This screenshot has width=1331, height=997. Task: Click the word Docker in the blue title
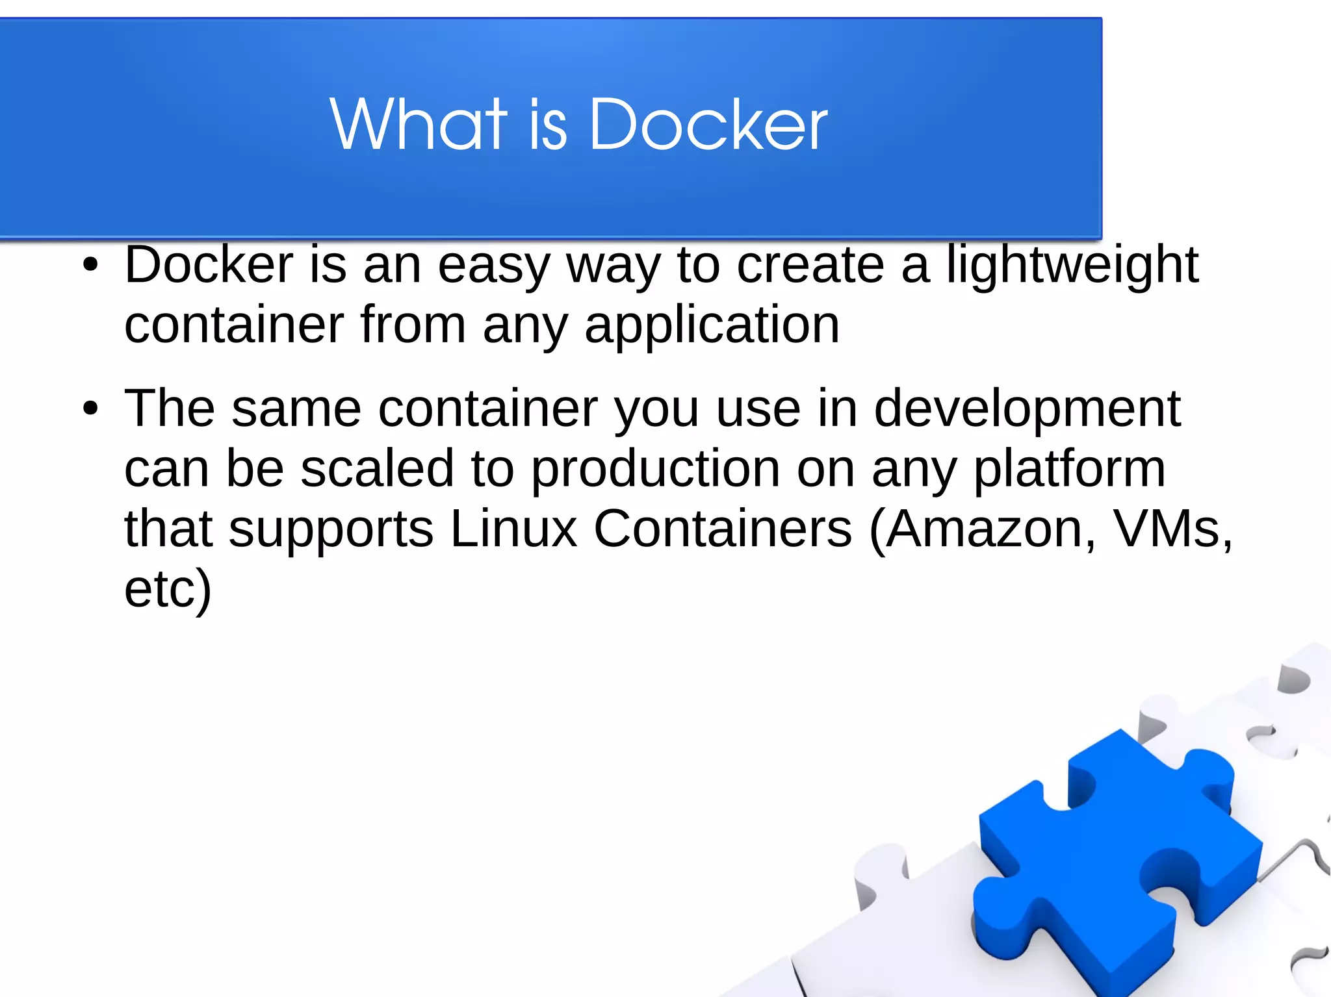click(708, 125)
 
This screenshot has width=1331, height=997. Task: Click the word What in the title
click(418, 125)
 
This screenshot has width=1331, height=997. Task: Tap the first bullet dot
click(90, 265)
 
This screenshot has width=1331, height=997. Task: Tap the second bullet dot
click(90, 409)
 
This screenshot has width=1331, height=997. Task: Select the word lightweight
click(1072, 266)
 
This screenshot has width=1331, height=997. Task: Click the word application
click(712, 326)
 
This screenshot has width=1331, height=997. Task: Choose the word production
click(655, 469)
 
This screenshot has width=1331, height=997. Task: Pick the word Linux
click(513, 529)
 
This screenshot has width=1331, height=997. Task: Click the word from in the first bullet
click(413, 325)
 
